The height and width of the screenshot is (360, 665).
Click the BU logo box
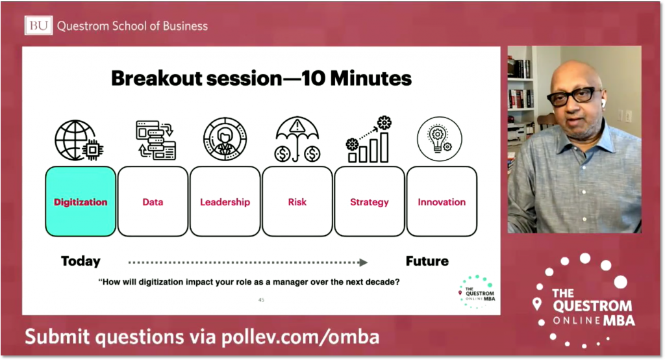pos(38,25)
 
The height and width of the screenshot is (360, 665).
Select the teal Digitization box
pos(81,201)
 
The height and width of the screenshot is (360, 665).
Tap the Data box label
pos(153,202)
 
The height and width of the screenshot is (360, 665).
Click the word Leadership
pos(225,202)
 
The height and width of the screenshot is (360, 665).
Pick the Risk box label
pos(297,202)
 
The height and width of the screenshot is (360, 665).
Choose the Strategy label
pos(370,203)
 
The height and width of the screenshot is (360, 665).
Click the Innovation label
pos(442,202)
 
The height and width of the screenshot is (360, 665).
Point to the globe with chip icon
pos(79,140)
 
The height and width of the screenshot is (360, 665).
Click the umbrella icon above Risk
pos(297,139)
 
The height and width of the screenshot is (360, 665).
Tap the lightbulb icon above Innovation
pos(440,139)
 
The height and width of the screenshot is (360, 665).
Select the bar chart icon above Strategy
pos(368,139)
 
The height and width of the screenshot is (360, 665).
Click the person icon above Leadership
pos(225,139)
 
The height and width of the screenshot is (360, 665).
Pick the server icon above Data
pos(156,140)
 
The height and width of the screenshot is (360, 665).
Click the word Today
pos(81,261)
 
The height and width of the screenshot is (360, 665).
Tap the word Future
pos(427,261)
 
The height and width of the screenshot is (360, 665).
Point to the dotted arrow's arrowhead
pos(363,263)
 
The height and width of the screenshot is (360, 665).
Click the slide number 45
pos(261,300)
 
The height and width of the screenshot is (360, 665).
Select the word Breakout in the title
pos(161,79)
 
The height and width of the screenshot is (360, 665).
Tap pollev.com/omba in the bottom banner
pos(300,337)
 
